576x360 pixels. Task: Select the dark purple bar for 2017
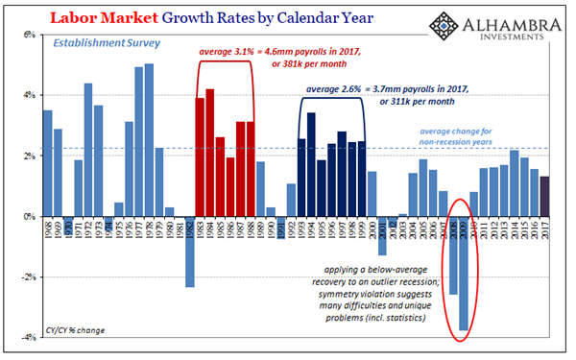coord(545,197)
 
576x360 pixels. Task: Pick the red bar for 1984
coord(210,153)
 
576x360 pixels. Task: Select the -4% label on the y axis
coord(29,339)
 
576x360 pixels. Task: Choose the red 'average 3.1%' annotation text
coord(273,51)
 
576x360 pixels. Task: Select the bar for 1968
coord(48,164)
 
